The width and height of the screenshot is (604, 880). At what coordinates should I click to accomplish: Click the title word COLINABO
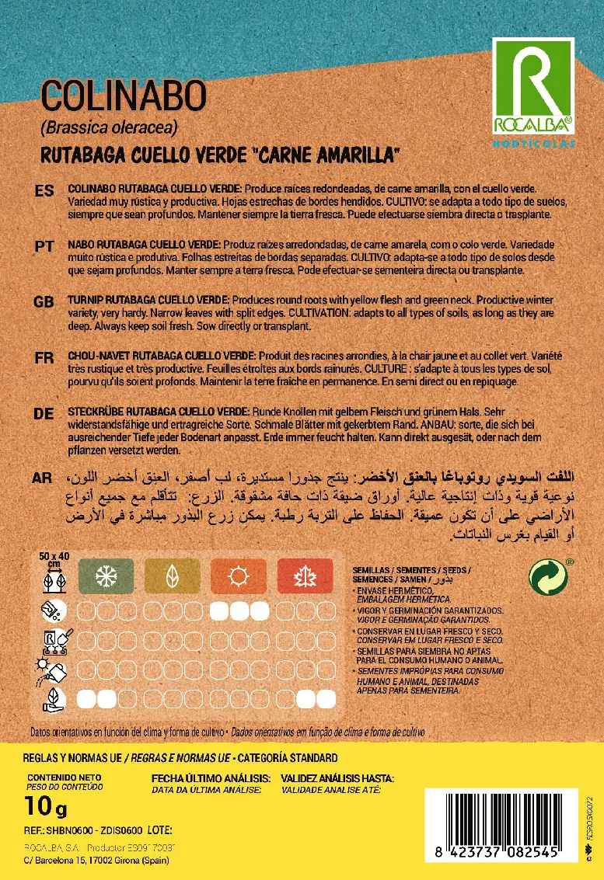click(124, 96)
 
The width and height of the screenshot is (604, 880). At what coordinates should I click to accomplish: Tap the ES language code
click(44, 191)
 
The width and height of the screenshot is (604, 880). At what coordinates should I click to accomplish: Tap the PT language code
click(44, 245)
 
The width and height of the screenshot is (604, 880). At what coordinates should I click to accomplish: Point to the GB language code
click(44, 301)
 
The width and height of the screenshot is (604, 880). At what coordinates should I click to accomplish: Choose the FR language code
click(44, 358)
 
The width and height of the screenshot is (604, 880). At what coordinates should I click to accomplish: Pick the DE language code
click(44, 414)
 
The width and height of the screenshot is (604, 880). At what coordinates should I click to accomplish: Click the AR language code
click(44, 478)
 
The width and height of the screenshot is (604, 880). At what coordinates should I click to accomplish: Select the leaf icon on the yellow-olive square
click(172, 576)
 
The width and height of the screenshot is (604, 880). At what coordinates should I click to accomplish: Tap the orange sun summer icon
click(238, 576)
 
